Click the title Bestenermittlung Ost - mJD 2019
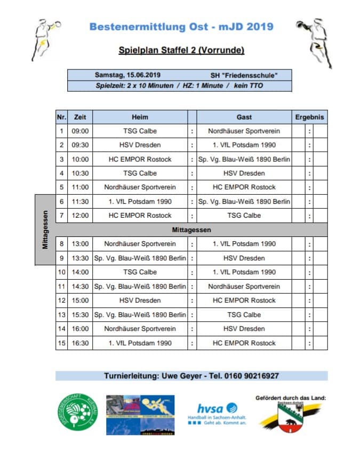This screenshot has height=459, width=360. click(x=181, y=27)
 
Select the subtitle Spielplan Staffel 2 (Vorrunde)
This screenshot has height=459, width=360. click(x=181, y=51)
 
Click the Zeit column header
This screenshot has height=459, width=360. click(x=80, y=117)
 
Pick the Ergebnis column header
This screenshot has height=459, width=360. click(x=310, y=117)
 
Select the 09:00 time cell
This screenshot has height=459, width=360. click(x=80, y=131)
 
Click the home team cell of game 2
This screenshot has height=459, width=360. click(x=140, y=145)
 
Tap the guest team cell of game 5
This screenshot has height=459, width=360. click(x=244, y=187)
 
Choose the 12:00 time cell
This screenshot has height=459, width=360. click(x=80, y=216)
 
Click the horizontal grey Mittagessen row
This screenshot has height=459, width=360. click(x=191, y=230)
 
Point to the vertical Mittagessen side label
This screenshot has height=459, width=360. click(x=46, y=230)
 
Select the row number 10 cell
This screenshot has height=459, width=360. click(x=61, y=272)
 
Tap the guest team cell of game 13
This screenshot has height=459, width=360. click(x=244, y=314)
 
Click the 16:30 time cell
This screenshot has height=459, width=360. click(x=80, y=343)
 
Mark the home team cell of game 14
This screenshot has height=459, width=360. click(x=140, y=329)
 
